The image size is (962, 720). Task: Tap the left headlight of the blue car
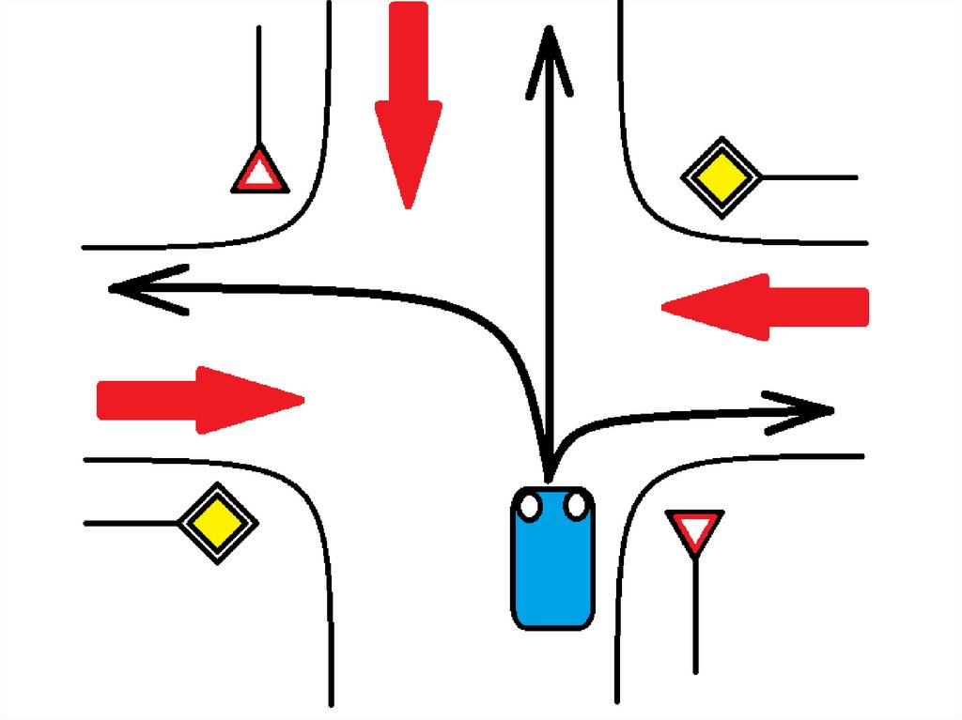[x=530, y=507]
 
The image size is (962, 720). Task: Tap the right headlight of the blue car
[x=575, y=507]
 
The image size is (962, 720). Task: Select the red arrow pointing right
[x=197, y=400]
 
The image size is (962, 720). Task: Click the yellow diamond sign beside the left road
[x=218, y=524]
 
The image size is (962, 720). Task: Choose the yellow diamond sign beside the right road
[x=721, y=176]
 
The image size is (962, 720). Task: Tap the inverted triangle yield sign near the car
[x=694, y=530]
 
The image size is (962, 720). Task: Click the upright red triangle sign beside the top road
[x=258, y=172]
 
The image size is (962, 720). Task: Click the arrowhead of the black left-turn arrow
[x=141, y=286]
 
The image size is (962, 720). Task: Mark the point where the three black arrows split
[x=549, y=460]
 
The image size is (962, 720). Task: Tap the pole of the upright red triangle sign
[x=258, y=84]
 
